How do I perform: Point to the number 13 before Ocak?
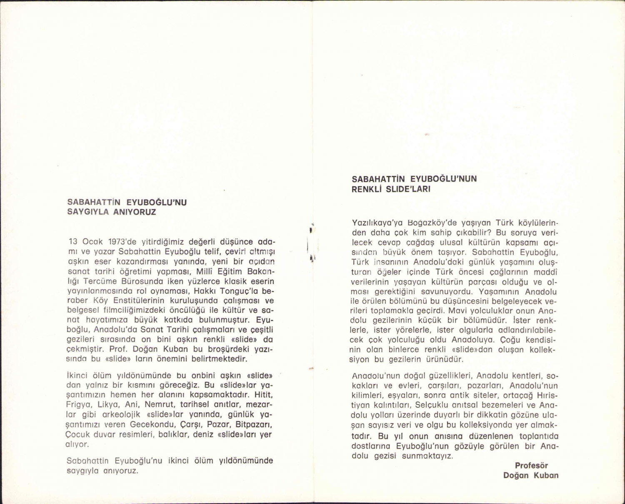(x=73, y=242)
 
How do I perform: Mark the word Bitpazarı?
(x=254, y=425)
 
